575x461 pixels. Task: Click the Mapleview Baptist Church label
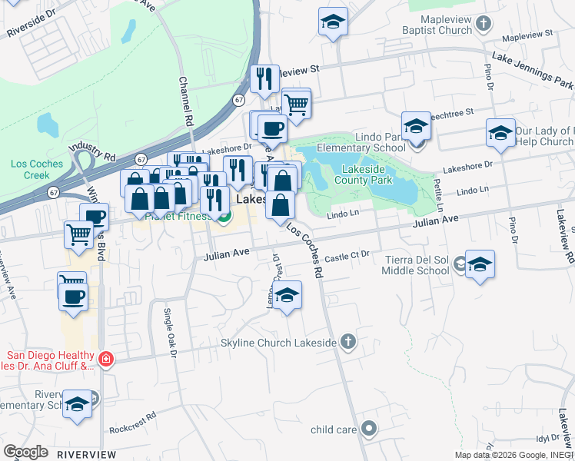click(437, 25)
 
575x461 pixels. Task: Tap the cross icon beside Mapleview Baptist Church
click(484, 25)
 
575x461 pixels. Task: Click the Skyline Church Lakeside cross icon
click(348, 341)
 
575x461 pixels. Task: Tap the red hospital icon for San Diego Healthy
click(105, 358)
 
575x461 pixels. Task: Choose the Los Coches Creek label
click(31, 169)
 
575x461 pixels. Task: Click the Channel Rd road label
click(184, 101)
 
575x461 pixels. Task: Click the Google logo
click(25, 452)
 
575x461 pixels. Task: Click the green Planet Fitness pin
click(224, 218)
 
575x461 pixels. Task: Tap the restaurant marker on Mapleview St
click(264, 78)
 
